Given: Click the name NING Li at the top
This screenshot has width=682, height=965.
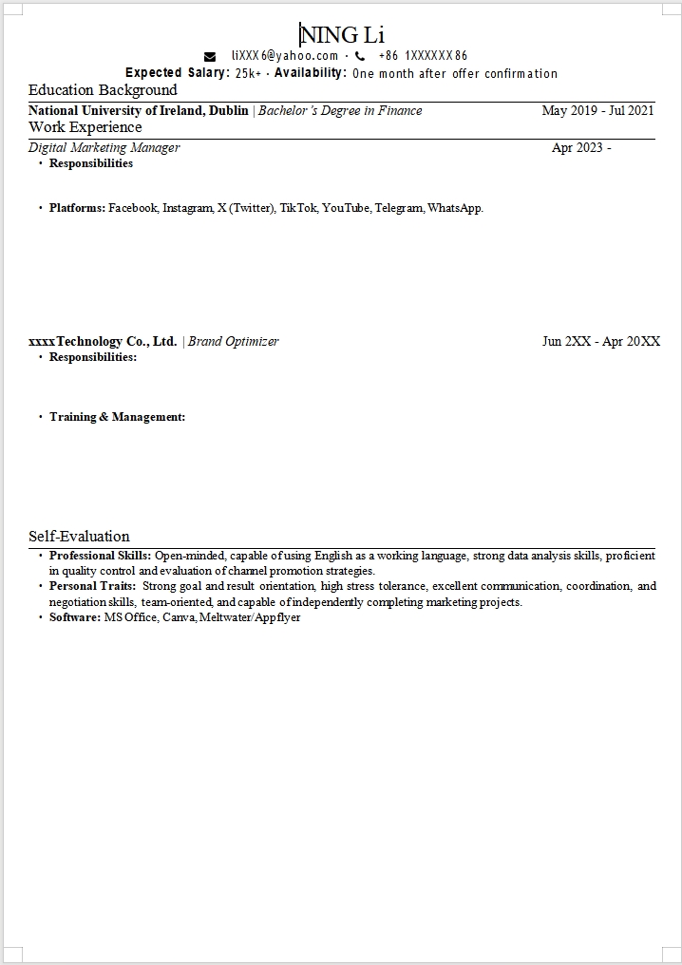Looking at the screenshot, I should (x=342, y=35).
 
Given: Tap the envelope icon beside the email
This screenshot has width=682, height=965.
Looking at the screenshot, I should (x=210, y=56).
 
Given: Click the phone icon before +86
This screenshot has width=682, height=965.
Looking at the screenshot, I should (x=360, y=56).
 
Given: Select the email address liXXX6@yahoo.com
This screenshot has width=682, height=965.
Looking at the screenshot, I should (x=285, y=56).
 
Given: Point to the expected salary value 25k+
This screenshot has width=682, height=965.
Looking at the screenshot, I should (x=249, y=73).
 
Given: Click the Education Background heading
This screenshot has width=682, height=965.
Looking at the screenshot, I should (x=103, y=90).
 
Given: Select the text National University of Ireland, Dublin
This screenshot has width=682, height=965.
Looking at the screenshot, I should (x=138, y=110).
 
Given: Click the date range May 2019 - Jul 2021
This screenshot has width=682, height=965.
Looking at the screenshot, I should (x=597, y=110).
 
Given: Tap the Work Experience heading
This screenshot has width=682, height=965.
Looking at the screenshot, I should (x=85, y=127).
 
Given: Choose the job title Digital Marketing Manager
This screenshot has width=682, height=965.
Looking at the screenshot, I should (x=104, y=147).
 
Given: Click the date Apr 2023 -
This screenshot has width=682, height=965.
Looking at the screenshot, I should (x=581, y=147).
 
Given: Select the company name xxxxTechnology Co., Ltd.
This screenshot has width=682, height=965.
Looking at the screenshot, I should (x=103, y=341).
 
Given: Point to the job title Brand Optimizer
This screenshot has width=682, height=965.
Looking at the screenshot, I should (x=233, y=341).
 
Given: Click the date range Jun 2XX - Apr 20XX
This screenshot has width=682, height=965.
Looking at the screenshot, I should (x=600, y=341).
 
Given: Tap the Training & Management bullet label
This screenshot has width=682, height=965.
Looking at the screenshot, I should (x=117, y=417).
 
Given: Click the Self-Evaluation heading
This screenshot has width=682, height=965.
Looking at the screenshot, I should (x=79, y=537).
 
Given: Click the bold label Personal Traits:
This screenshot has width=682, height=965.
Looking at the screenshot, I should (x=92, y=586).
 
